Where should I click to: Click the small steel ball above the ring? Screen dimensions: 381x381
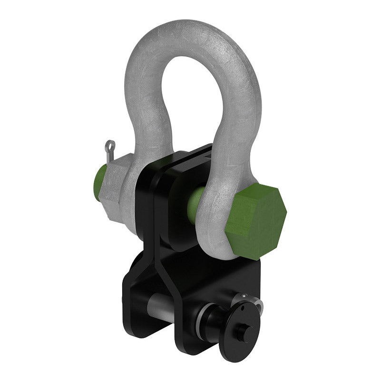(x=244, y=296)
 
